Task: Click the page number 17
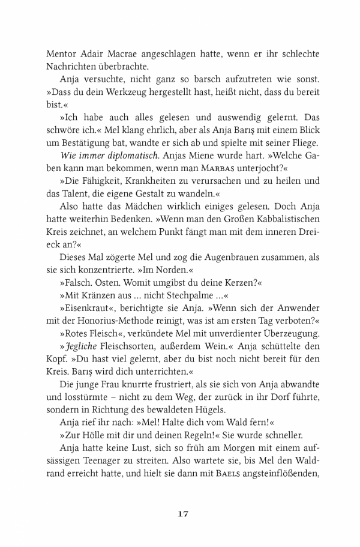(x=184, y=513)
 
